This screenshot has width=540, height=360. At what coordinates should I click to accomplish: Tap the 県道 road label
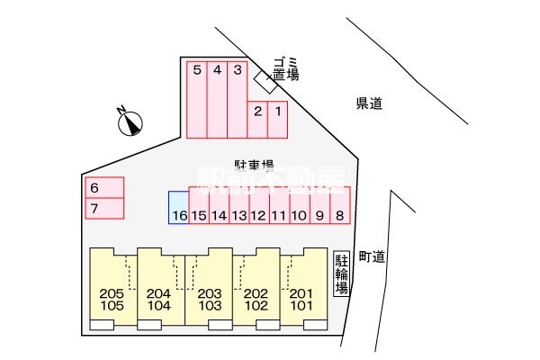(369, 104)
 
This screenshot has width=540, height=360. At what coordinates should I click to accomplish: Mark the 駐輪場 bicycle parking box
(342, 274)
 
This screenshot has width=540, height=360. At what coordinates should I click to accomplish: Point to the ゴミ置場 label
(284, 67)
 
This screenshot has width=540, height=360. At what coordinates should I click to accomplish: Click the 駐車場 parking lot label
(254, 165)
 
